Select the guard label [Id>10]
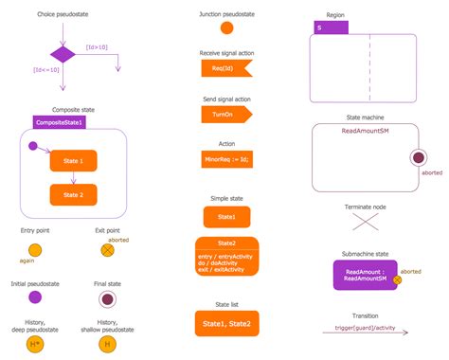(x=97, y=46)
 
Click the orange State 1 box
(x=73, y=162)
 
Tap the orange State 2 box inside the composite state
(x=73, y=195)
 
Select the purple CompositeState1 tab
(x=60, y=122)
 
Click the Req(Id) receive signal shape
(x=224, y=69)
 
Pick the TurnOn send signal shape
(x=224, y=114)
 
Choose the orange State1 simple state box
(x=226, y=217)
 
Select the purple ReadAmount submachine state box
(x=364, y=275)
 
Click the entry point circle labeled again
(x=35, y=250)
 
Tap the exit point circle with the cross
(x=107, y=250)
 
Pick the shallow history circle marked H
(x=107, y=343)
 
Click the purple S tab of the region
(x=332, y=28)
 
